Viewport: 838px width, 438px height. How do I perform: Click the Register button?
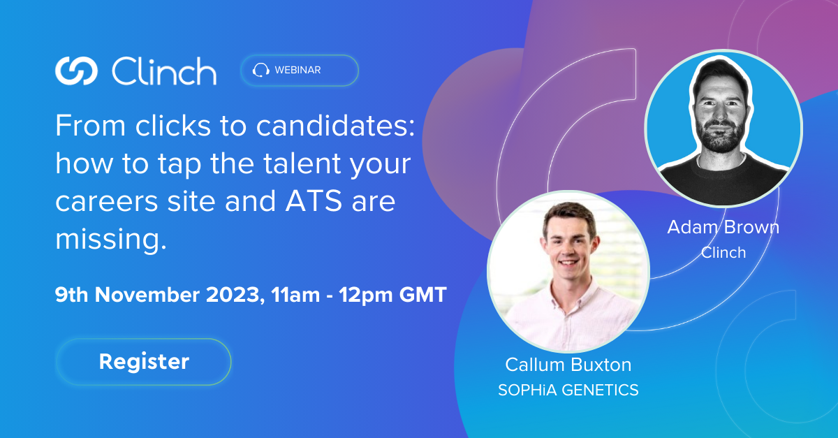click(x=144, y=362)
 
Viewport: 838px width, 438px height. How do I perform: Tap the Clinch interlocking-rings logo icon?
click(x=76, y=71)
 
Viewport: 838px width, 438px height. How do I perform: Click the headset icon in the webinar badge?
click(x=260, y=70)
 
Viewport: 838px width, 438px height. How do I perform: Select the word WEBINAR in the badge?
click(x=297, y=70)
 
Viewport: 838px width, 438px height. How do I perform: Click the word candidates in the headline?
click(x=335, y=126)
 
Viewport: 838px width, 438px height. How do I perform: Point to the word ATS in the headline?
click(x=314, y=201)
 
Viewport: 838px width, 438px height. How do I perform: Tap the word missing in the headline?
click(x=111, y=240)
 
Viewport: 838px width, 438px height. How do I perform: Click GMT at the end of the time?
click(x=423, y=294)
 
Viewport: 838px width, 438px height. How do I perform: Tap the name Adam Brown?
click(x=723, y=227)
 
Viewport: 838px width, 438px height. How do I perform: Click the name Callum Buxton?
click(x=568, y=365)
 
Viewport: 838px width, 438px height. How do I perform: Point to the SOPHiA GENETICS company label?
click(x=568, y=390)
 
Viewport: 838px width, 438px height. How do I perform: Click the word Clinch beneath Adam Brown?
click(x=723, y=252)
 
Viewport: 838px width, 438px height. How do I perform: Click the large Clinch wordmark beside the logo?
click(x=164, y=71)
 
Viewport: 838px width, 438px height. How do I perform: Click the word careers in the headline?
click(x=107, y=202)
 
